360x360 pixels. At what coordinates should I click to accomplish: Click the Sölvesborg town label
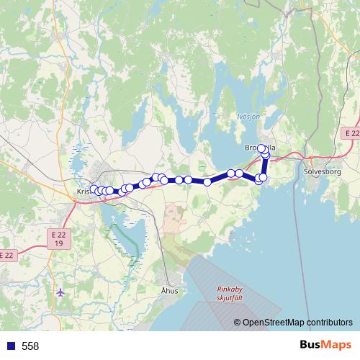pyautogui.click(x=325, y=173)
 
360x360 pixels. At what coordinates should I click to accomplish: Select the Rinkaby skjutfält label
pyautogui.click(x=231, y=294)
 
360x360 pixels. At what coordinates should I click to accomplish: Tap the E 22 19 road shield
pyautogui.click(x=59, y=239)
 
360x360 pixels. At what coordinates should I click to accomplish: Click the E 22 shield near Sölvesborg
pyautogui.click(x=351, y=133)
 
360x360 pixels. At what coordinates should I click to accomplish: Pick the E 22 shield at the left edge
pyautogui.click(x=6, y=255)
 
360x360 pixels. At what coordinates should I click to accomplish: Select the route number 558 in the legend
pyautogui.click(x=30, y=346)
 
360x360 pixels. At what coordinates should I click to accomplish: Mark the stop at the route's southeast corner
pyautogui.click(x=259, y=180)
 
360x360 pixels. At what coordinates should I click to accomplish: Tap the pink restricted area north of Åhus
pyautogui.click(x=174, y=216)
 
